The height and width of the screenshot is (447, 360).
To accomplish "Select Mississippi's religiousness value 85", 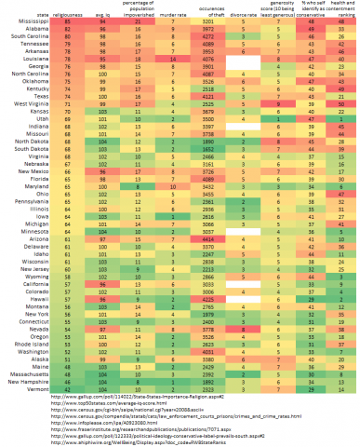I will (68, 22).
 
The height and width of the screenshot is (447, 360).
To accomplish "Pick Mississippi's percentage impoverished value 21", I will (136, 22).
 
